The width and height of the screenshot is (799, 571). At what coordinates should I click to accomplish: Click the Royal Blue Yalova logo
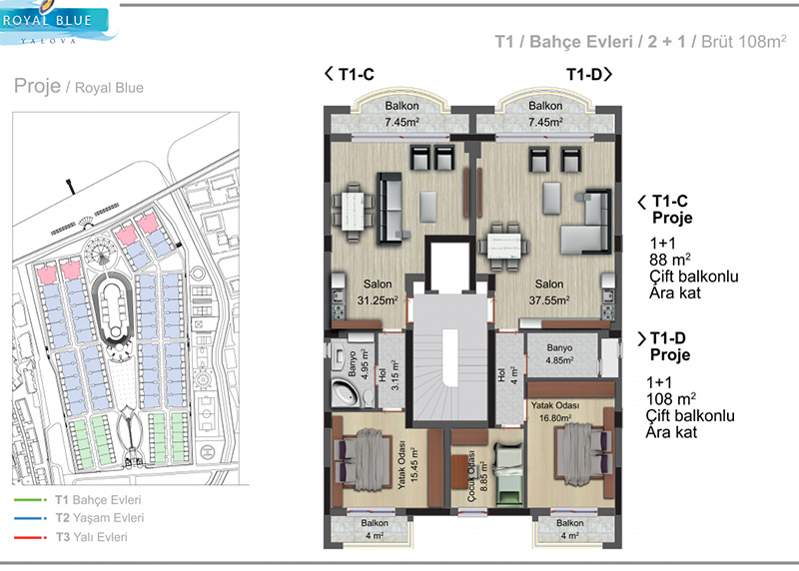pyautogui.click(x=56, y=22)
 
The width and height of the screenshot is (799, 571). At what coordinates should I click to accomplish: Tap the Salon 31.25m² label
pyautogui.click(x=378, y=292)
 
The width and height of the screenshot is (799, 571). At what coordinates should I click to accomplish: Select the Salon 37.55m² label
pyautogui.click(x=548, y=292)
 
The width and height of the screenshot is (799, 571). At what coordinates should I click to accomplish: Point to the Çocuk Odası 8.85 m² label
pyautogui.click(x=477, y=476)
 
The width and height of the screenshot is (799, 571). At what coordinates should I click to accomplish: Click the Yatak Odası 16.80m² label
pyautogui.click(x=555, y=411)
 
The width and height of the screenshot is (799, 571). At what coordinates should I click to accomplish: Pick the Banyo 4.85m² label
pyautogui.click(x=559, y=354)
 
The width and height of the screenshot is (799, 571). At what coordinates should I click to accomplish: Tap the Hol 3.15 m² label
pyautogui.click(x=389, y=375)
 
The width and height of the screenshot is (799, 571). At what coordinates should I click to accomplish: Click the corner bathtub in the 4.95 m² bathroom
pyautogui.click(x=346, y=393)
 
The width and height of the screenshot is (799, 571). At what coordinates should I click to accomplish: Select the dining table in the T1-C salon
pyautogui.click(x=353, y=211)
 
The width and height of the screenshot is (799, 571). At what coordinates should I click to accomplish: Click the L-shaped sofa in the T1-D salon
pyautogui.click(x=586, y=223)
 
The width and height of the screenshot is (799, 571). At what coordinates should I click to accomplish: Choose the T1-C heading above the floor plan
pyautogui.click(x=350, y=74)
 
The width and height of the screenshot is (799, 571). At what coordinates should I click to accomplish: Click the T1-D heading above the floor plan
pyautogui.click(x=589, y=74)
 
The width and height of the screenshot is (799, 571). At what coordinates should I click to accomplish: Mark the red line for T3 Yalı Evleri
pyautogui.click(x=30, y=537)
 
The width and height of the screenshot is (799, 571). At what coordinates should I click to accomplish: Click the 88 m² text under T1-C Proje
pyautogui.click(x=669, y=260)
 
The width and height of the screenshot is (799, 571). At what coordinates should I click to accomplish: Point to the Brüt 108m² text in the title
pyautogui.click(x=743, y=41)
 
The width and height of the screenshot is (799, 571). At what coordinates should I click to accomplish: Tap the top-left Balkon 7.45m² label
pyautogui.click(x=402, y=114)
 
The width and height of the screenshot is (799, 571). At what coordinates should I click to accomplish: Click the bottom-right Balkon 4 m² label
pyautogui.click(x=569, y=529)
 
